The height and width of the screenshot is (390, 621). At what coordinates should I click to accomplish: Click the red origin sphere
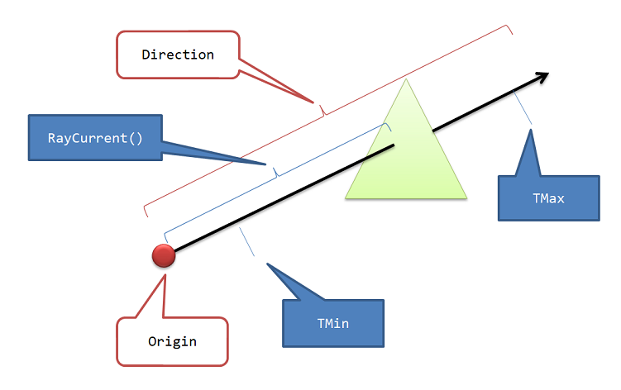164,256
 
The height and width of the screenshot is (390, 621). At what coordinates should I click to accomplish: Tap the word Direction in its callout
178,55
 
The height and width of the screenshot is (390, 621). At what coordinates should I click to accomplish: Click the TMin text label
333,323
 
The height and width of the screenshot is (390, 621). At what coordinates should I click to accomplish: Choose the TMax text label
548,197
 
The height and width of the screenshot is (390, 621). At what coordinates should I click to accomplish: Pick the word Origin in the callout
172,340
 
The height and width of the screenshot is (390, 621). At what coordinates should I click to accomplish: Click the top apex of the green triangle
406,79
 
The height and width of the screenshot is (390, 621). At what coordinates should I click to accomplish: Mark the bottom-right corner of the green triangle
467,199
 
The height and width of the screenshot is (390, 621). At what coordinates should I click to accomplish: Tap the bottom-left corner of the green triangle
346,199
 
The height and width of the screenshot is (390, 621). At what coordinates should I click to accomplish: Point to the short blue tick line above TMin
246,240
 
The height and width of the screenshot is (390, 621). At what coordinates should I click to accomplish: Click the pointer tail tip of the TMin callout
265,264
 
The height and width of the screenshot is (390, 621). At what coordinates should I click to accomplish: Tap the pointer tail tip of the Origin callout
165,273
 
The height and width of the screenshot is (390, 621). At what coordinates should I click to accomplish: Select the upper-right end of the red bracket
511,34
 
